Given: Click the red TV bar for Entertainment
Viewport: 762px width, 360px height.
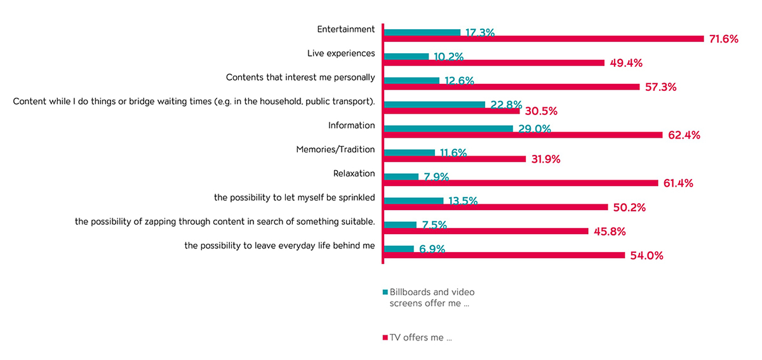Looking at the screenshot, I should (x=543, y=39).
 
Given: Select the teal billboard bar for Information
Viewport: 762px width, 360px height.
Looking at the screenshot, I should (x=448, y=129).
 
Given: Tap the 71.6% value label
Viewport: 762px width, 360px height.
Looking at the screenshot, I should (x=723, y=39).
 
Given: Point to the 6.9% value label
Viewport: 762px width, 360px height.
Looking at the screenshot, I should (x=432, y=249).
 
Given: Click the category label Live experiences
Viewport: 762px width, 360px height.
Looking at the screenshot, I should (x=341, y=54).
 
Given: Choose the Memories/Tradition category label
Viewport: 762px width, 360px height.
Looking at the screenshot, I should (x=335, y=149).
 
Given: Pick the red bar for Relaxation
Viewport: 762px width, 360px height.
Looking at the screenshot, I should (x=520, y=183).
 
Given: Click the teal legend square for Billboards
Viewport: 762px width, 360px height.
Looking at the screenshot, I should (x=385, y=292).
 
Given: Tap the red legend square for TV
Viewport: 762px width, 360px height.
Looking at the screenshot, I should (x=385, y=338).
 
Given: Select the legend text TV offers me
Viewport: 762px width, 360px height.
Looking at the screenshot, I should (x=420, y=338).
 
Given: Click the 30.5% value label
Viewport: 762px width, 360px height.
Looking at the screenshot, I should (x=541, y=111).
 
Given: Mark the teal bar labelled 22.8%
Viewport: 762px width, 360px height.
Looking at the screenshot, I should (x=434, y=105).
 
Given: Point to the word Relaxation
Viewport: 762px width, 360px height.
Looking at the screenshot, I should (x=354, y=174).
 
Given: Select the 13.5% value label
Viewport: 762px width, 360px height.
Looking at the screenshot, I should (x=463, y=201).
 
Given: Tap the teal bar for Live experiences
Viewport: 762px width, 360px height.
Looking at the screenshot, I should (x=406, y=57).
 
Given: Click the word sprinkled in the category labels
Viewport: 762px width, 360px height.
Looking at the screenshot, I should (x=356, y=198).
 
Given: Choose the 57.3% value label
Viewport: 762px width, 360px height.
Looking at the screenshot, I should (x=660, y=87).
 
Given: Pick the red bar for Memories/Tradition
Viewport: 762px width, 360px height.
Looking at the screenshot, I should (x=454, y=159).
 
